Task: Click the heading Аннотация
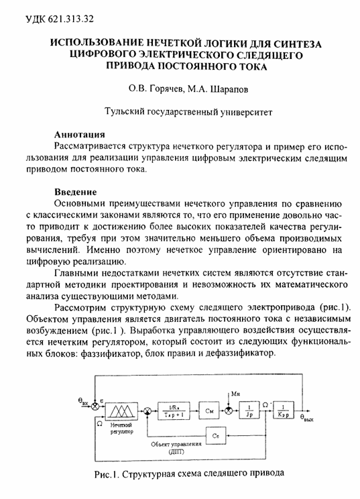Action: [78, 133]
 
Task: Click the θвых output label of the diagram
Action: [308, 419]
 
